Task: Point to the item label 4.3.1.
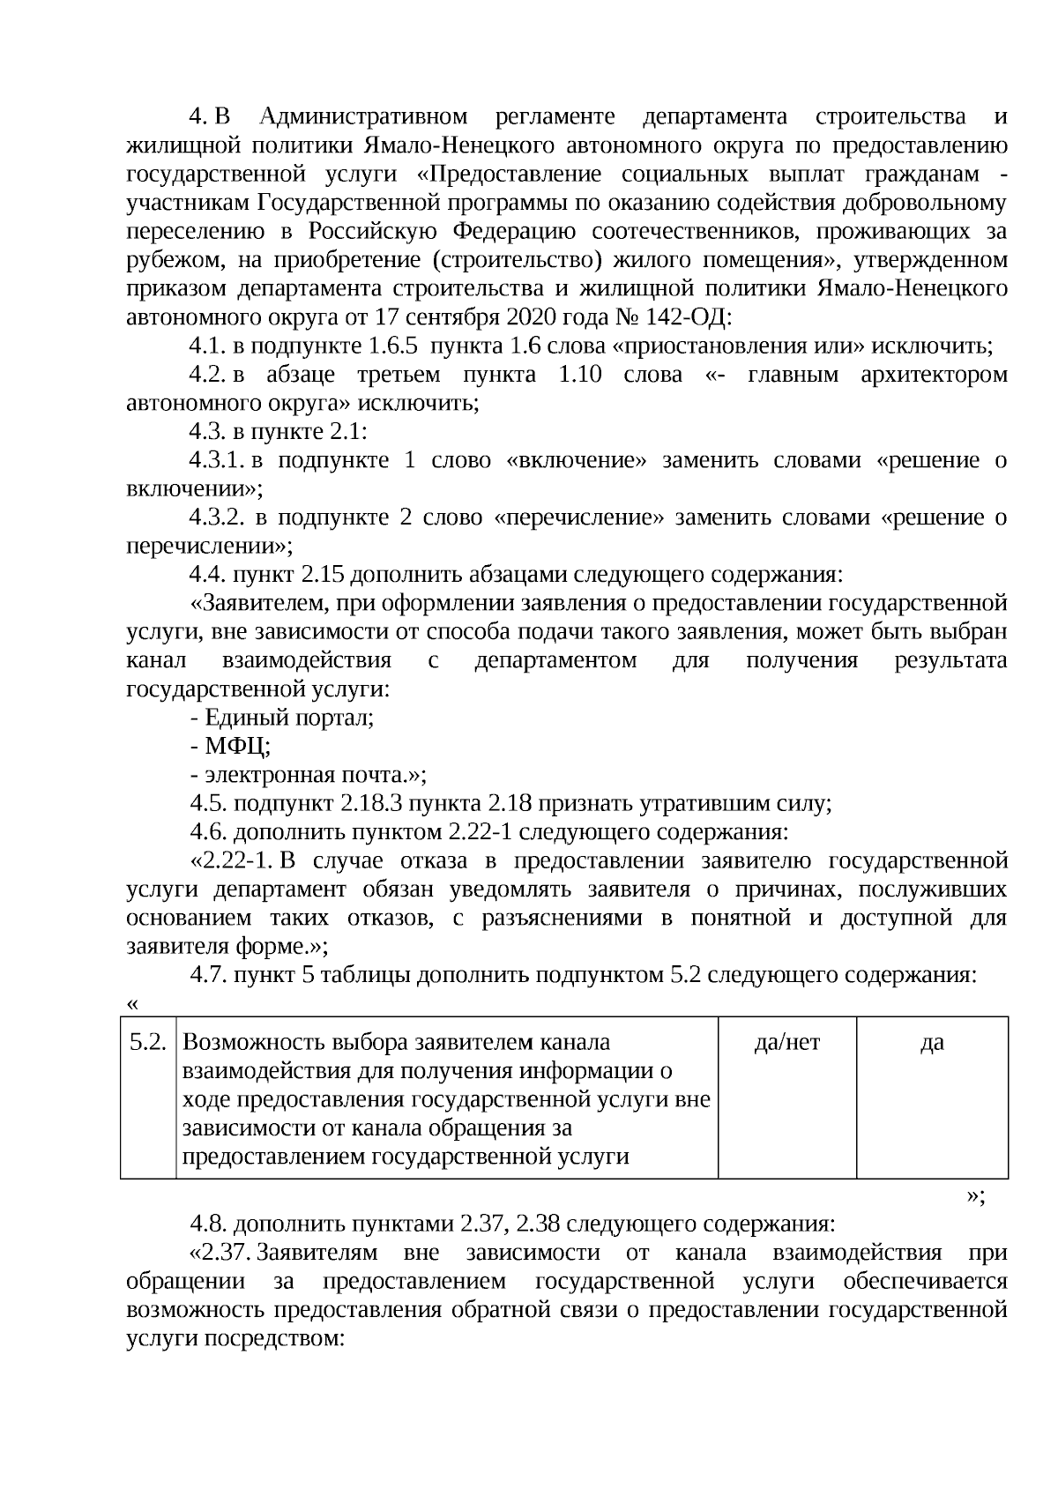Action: coord(216,461)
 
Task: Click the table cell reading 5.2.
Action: coord(148,1043)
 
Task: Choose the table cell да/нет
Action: coord(787,1043)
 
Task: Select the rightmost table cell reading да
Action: coord(932,1043)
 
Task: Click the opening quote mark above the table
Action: coord(133,1005)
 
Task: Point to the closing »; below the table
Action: coord(975,1196)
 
